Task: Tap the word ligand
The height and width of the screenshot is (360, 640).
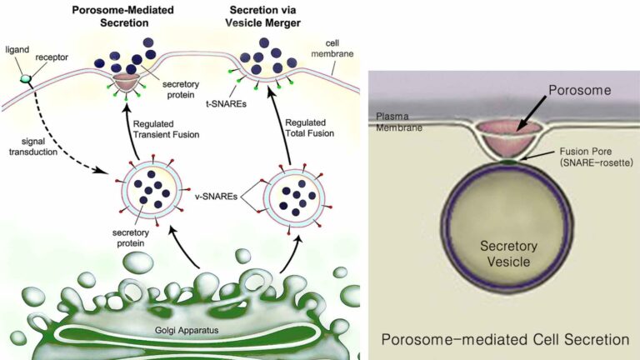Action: [17, 49]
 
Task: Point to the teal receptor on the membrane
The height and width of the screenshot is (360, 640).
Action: [27, 79]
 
